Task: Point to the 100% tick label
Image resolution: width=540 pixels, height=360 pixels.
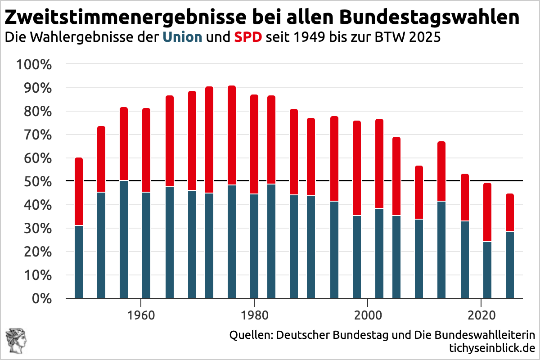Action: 34,64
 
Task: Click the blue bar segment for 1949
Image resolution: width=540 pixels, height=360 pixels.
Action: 79,261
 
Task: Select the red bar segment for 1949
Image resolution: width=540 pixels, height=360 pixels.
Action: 79,191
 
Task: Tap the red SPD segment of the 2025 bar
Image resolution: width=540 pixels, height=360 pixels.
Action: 510,212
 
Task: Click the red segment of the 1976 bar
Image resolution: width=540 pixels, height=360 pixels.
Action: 232,135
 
